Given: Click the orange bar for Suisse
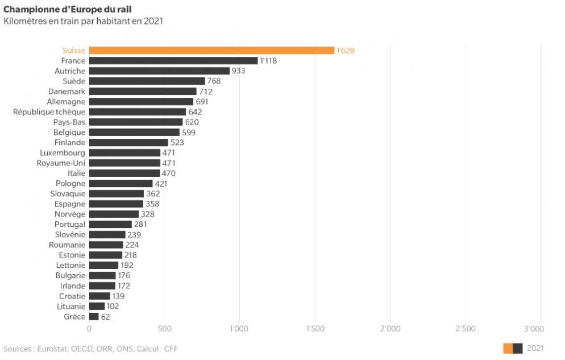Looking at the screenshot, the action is click(x=212, y=51).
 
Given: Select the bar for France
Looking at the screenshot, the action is click(x=174, y=60).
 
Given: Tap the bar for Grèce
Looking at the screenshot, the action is click(x=94, y=316).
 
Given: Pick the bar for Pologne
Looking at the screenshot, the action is click(x=121, y=184).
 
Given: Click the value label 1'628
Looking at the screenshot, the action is click(x=346, y=51).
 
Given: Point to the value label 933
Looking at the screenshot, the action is click(x=238, y=71).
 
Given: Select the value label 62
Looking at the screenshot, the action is click(x=106, y=317).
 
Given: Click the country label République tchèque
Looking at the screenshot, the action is click(x=49, y=112).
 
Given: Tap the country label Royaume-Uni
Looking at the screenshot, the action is click(x=61, y=163).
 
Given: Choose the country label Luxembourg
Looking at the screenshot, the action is click(x=63, y=153).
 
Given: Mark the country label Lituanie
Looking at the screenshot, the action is click(x=71, y=307).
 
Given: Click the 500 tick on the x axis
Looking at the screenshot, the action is click(x=164, y=329).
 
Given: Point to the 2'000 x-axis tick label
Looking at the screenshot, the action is click(x=390, y=329).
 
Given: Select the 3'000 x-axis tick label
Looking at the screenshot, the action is click(x=534, y=329).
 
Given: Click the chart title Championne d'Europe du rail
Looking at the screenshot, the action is click(x=68, y=9).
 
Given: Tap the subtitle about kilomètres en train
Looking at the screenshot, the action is click(x=83, y=21).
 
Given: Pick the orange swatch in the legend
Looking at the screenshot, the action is click(x=508, y=349).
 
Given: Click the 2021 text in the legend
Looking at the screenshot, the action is click(x=535, y=348).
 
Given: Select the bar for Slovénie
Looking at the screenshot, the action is click(x=107, y=234).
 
